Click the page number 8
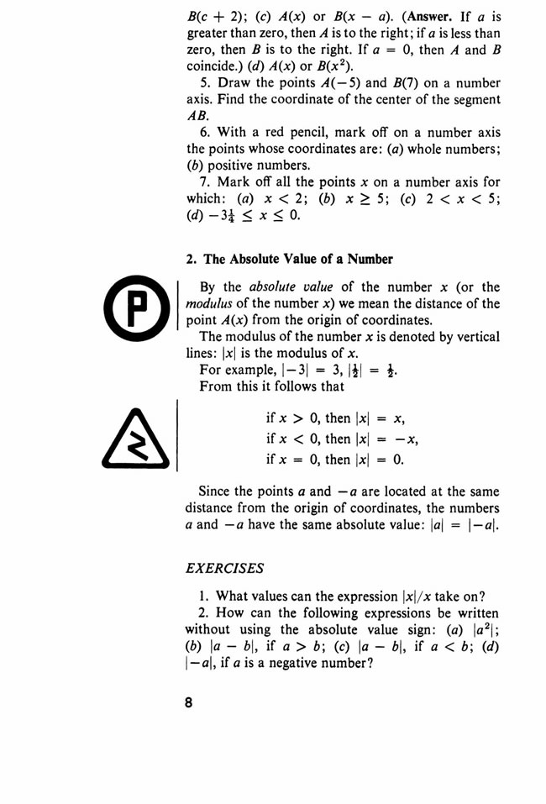pos(192,702)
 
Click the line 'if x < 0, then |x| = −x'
pos(342,439)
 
